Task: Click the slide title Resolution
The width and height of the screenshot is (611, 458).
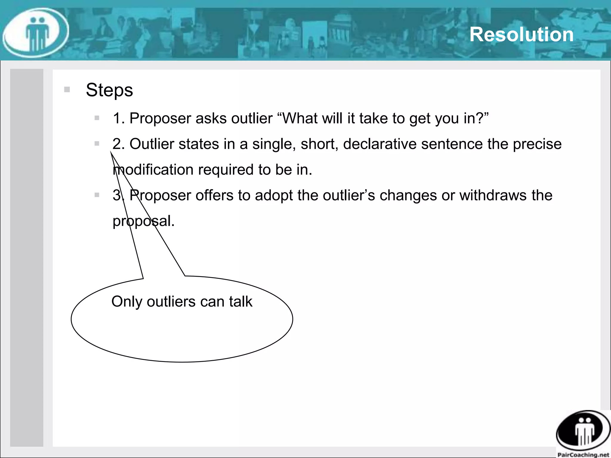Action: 521,35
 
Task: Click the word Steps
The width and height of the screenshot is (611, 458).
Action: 109,90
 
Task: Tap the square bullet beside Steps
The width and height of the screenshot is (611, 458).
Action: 67,89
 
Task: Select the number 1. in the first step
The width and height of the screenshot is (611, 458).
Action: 119,118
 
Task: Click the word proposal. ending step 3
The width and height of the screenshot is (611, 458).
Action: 144,221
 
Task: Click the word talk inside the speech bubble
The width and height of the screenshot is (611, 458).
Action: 241,301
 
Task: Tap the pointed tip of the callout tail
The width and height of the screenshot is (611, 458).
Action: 111,152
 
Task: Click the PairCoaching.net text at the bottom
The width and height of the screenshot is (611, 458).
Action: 583,454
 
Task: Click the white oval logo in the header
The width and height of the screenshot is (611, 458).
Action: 36,33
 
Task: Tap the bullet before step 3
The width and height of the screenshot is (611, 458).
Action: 97,195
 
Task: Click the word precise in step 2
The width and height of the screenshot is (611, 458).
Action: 537,144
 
